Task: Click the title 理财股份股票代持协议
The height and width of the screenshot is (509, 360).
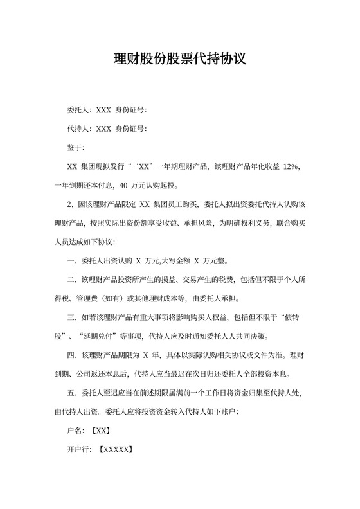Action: (179, 59)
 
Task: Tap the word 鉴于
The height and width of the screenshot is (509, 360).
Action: (75, 148)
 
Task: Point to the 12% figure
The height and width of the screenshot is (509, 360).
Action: (291, 166)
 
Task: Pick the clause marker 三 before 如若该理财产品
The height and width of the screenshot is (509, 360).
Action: (71, 317)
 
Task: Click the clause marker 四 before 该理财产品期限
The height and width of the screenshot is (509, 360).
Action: (71, 355)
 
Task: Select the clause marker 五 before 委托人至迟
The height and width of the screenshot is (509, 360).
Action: (71, 393)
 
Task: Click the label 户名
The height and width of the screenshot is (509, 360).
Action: (75, 431)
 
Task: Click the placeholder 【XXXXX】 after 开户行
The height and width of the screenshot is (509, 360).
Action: (115, 450)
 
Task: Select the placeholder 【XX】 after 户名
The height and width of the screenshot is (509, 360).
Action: (102, 431)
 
